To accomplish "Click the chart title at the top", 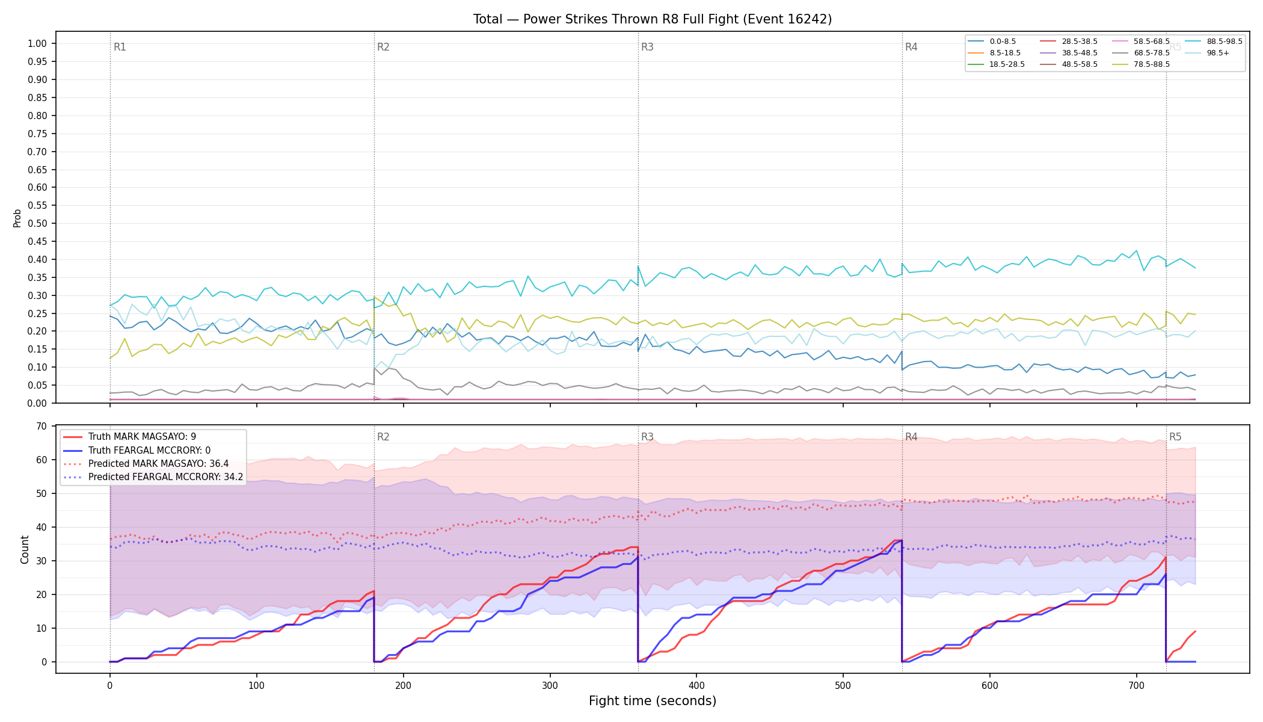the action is coord(653,19).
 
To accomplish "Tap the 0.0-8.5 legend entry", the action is coord(992,42).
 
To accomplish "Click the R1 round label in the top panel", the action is coord(120,47).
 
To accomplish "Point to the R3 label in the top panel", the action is coord(647,47).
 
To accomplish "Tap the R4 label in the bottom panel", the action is coord(911,437).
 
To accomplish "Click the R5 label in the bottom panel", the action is coord(1175,437).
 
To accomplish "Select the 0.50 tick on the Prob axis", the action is coord(37,224).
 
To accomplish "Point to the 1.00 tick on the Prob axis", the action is coord(37,43).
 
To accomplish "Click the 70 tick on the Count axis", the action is coord(41,427).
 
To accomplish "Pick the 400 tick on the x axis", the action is coord(696,686).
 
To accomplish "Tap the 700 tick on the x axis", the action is coord(1137,686).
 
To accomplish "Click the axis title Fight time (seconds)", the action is coord(653,701).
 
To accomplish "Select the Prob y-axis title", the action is coord(17,218).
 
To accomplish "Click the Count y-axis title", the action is coord(25,549).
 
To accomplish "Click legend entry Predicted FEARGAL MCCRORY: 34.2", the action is coord(153,477).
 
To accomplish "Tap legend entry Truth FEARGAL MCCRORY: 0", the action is coord(137,450).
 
